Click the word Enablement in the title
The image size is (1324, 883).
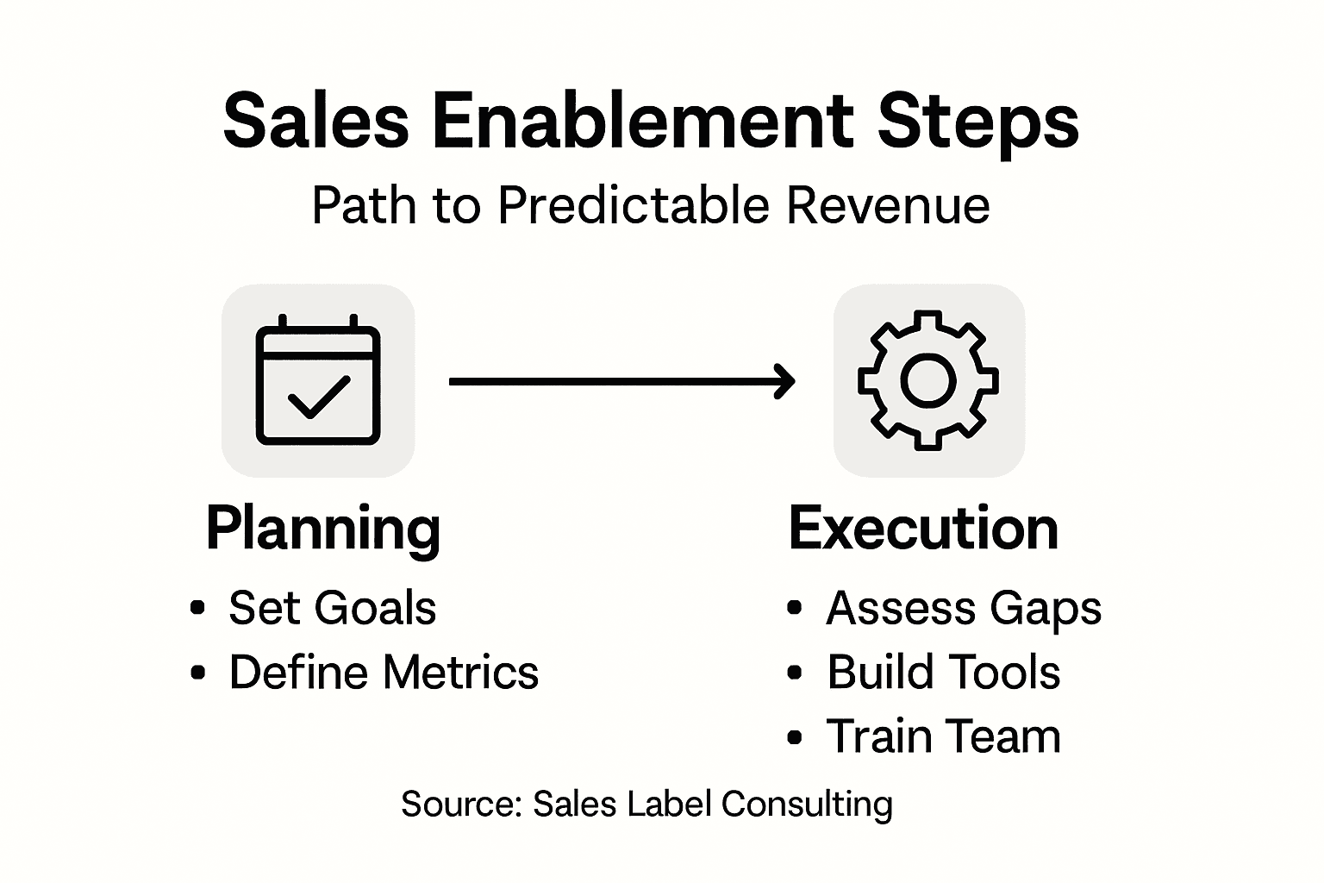pos(642,121)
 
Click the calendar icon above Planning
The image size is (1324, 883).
pos(318,380)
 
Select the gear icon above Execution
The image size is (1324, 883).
pos(928,379)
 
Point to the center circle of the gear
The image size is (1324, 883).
pos(928,380)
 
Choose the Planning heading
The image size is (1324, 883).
pos(323,529)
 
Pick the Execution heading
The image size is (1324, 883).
pos(923,529)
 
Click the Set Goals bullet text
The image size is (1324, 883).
pos(332,608)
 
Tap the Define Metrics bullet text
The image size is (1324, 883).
pos(384,673)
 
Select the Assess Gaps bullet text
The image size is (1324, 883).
pos(964,609)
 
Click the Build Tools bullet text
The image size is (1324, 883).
pos(944,673)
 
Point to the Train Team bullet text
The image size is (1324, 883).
pos(944,736)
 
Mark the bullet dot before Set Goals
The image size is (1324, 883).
pos(198,608)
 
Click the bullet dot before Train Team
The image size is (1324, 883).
pos(795,737)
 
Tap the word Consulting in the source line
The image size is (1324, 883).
pos(807,805)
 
